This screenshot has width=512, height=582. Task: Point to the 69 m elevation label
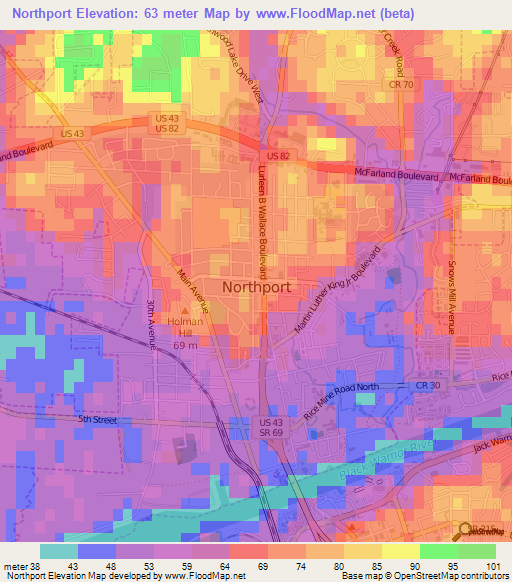click(x=184, y=345)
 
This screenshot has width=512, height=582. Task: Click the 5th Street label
click(x=98, y=420)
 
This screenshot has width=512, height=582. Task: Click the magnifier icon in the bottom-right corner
click(x=466, y=532)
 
